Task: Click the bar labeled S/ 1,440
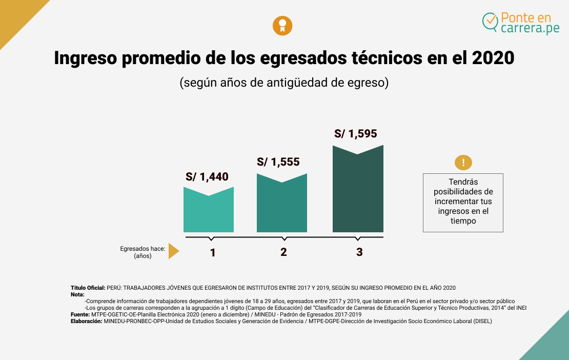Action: (x=209, y=213)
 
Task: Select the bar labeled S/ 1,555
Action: (x=281, y=205)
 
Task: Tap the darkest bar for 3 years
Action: (x=358, y=192)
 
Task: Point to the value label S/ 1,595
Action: (x=355, y=134)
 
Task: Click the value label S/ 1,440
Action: (x=207, y=177)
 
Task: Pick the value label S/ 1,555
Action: (x=278, y=162)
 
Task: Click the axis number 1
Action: (x=212, y=252)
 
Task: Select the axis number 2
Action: (x=283, y=252)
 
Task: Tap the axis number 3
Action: (x=359, y=252)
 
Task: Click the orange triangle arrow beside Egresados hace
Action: (x=173, y=251)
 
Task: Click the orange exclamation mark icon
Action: (x=463, y=163)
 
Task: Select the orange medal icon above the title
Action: (x=282, y=26)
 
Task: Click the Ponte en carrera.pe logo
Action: (x=521, y=23)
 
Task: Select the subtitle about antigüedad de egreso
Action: (x=284, y=83)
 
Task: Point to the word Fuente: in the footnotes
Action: (x=80, y=314)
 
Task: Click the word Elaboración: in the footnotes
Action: (x=87, y=321)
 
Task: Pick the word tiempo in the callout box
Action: (x=463, y=221)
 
